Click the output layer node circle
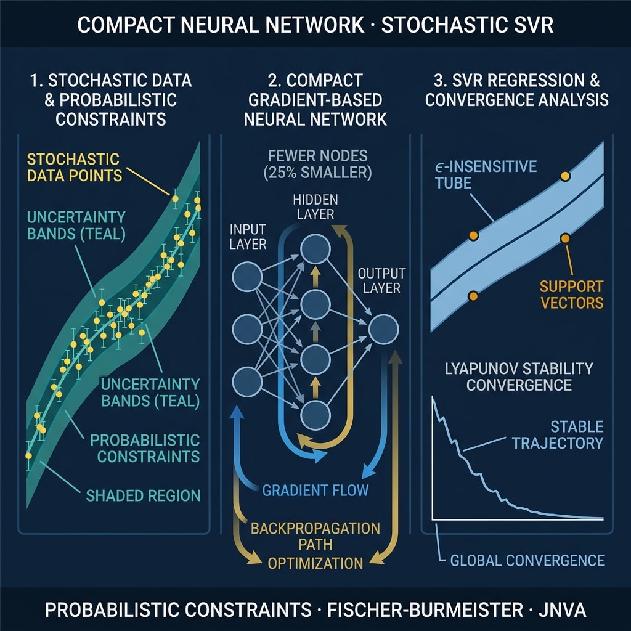click(383, 329)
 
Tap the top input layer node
click(247, 277)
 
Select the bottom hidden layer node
click(315, 415)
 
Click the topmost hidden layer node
click(315, 250)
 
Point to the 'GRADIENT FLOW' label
click(315, 490)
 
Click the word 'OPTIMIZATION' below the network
click(315, 563)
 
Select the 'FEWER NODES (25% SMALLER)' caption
click(318, 164)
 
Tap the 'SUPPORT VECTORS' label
click(571, 294)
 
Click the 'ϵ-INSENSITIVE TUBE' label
click(486, 174)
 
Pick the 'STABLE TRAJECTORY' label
click(558, 434)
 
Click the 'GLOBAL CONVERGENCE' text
click(527, 560)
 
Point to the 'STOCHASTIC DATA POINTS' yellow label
click(75, 167)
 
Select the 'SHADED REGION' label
click(143, 495)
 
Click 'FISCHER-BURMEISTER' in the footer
click(425, 609)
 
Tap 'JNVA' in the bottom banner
click(562, 609)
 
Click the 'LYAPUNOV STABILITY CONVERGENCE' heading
click(519, 377)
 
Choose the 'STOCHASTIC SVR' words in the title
click(467, 25)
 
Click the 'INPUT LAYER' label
click(248, 237)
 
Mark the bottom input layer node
click(247, 381)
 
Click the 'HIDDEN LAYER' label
click(315, 207)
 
